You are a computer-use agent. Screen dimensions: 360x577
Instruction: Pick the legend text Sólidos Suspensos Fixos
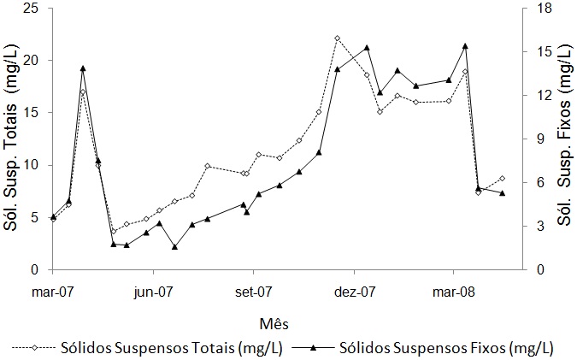pos(446,348)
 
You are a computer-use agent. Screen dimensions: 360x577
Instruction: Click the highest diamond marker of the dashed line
pos(337,38)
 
